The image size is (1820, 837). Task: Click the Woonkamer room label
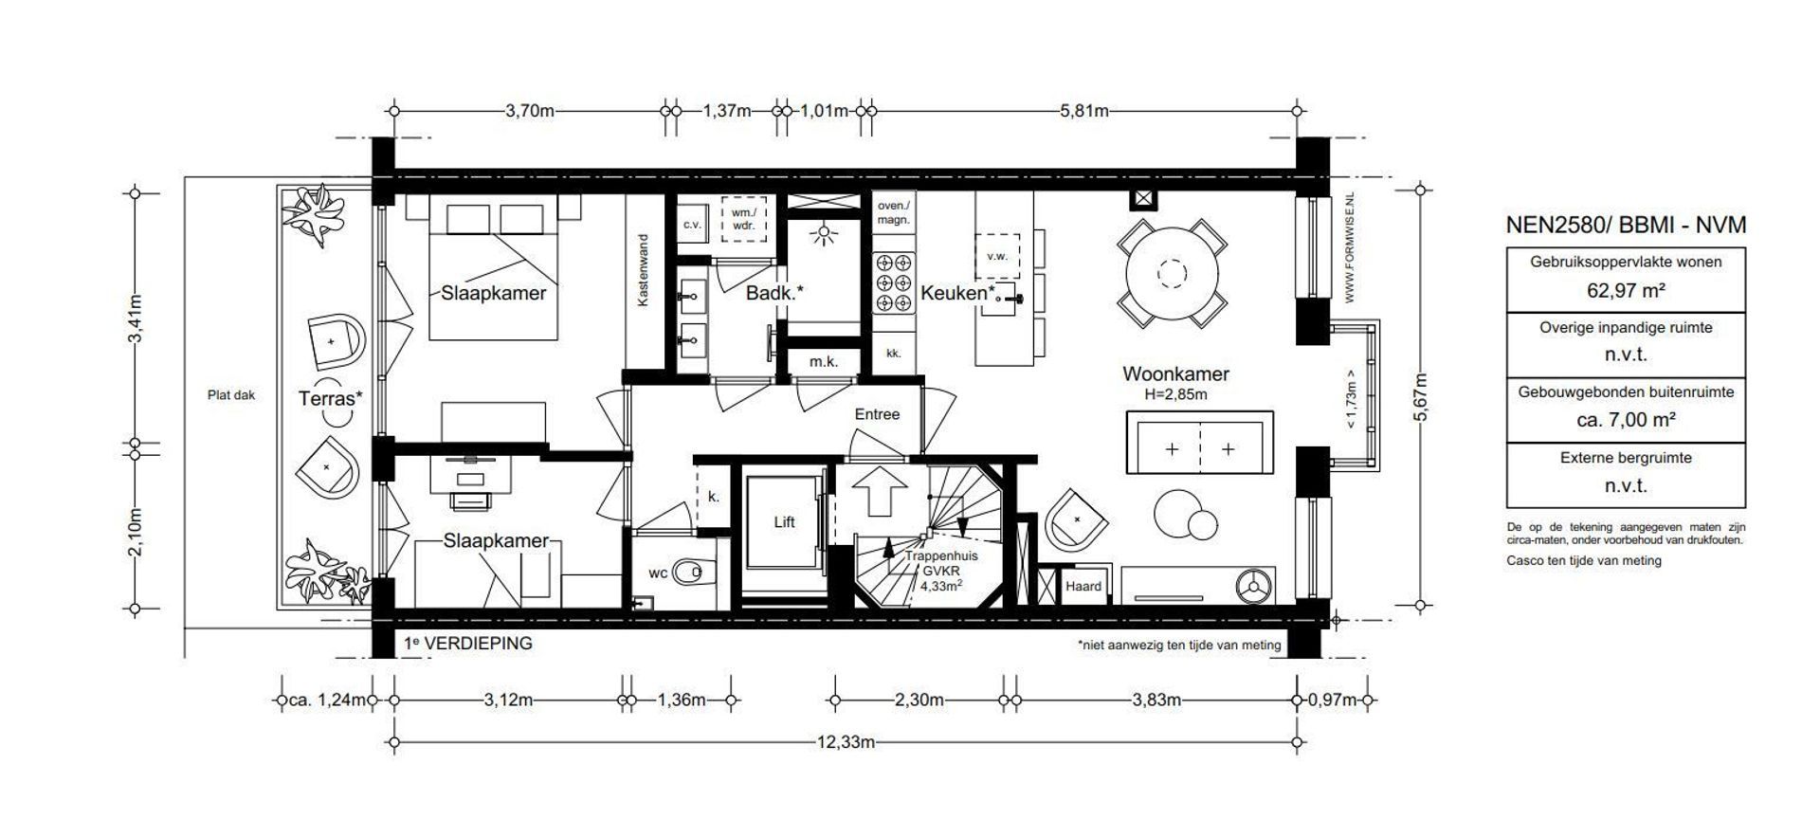coord(1175,374)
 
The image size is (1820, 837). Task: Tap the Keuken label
coord(957,293)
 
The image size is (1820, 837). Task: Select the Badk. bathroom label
coord(774,293)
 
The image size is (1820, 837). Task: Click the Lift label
coord(784,522)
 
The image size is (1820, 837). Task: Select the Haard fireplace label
coord(1083,587)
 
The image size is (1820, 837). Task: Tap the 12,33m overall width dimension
coord(846,742)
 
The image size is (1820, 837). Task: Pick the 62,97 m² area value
coord(1626,291)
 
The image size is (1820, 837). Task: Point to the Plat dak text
coord(231,396)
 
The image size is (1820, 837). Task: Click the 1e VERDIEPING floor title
coord(468,644)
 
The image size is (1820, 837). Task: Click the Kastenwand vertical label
coord(643,269)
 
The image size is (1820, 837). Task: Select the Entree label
coord(877,414)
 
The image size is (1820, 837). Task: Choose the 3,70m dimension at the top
coord(529,111)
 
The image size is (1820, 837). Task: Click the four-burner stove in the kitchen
coord(893,282)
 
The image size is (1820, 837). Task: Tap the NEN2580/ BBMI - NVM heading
coord(1626,225)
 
